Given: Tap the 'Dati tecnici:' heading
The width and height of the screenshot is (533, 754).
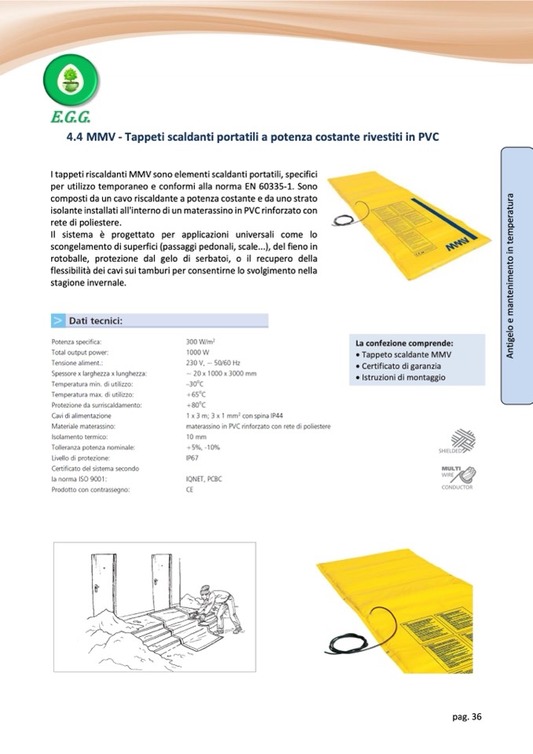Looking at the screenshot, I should pyautogui.click(x=95, y=320).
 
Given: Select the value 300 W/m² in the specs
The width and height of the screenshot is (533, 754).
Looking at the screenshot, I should pyautogui.click(x=201, y=342).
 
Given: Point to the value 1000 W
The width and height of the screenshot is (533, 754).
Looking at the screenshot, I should pyautogui.click(x=197, y=353).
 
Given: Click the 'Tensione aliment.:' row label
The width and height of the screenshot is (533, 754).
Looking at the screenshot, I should pyautogui.click(x=75, y=363).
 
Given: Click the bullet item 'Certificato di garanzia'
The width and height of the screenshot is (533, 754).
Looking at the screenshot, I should pyautogui.click(x=401, y=366).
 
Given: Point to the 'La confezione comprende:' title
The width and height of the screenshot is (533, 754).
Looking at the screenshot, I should pyautogui.click(x=404, y=344).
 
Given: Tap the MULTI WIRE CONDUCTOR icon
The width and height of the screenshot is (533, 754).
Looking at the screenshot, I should pyautogui.click(x=459, y=476).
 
